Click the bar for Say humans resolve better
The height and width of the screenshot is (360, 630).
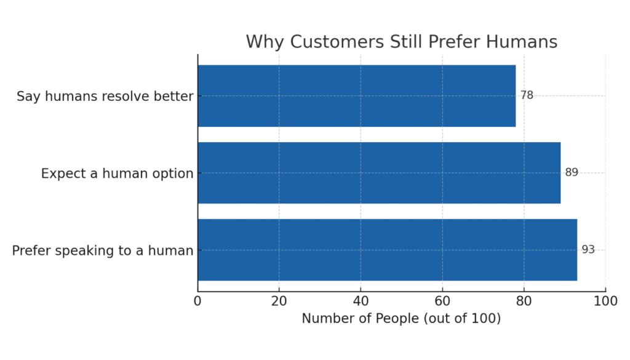[357, 96]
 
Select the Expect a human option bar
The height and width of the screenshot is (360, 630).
[379, 173]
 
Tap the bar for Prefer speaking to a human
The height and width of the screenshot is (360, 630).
[388, 250]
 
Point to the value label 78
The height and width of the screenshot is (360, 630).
[527, 95]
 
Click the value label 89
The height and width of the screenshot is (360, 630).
[572, 172]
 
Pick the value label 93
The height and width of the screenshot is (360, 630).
[588, 250]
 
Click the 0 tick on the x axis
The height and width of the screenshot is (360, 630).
[197, 301]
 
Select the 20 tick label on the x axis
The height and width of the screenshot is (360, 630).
[279, 301]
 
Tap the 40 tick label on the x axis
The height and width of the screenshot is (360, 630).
[361, 301]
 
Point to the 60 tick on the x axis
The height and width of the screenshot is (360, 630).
[442, 301]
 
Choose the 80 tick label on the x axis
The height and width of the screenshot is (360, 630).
[524, 301]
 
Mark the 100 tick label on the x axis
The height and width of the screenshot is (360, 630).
[605, 301]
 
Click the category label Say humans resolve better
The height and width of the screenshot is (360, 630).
[105, 97]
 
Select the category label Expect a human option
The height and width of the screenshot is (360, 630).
[117, 174]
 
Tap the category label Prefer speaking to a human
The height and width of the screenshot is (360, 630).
[103, 251]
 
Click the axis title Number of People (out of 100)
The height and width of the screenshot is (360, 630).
[401, 319]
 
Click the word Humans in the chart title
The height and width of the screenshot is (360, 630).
[522, 42]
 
